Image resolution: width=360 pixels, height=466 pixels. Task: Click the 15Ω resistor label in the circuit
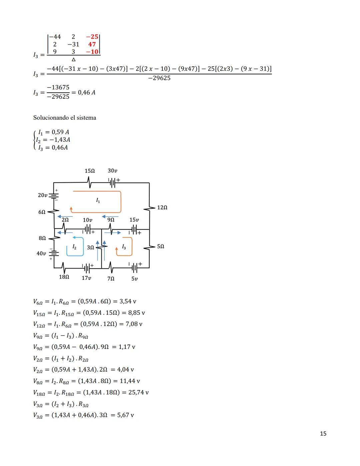pos(90,171)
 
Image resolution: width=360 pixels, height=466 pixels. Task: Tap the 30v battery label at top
pos(112,171)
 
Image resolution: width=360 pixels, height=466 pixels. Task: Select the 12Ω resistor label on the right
pos(162,207)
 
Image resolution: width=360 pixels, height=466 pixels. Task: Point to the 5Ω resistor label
pos(160,247)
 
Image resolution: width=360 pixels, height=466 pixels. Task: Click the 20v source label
pos(42,195)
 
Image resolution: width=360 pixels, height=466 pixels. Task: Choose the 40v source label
pos(41,254)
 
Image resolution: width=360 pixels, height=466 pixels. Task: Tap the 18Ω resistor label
pos(64,277)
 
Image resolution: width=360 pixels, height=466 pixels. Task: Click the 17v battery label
pos(86,278)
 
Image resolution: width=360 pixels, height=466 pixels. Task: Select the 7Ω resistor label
pos(111,278)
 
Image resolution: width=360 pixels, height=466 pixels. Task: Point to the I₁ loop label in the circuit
pos(98,200)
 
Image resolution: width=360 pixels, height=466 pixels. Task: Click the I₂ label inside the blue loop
pos(74,247)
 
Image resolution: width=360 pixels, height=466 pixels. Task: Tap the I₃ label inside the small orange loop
pos(124,247)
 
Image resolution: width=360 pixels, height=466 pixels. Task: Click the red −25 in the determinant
pos(92,37)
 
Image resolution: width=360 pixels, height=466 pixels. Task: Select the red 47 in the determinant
pos(92,44)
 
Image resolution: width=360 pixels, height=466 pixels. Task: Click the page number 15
pos(323,434)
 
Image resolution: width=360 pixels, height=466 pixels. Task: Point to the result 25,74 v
pos(138,392)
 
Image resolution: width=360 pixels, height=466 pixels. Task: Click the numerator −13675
pos(58,87)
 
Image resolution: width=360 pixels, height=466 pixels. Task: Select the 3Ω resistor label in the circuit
pos(90,248)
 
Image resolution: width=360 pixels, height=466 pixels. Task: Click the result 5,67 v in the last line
pos(125,415)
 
